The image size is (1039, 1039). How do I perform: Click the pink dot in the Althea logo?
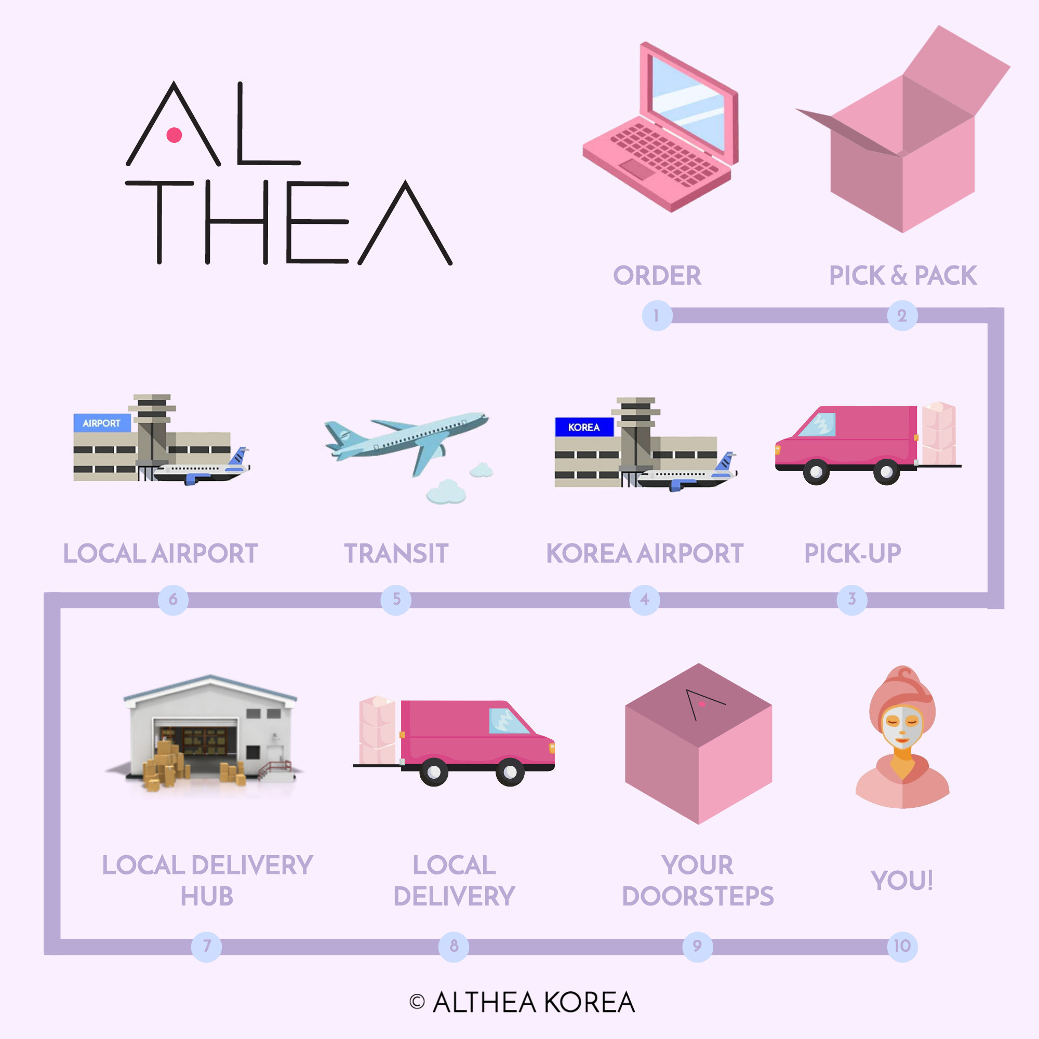tap(174, 135)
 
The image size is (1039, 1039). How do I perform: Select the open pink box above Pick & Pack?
tap(903, 145)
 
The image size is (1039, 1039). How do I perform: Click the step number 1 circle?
tap(657, 316)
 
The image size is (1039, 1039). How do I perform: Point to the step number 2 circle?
tap(902, 316)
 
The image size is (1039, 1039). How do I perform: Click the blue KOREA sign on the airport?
tap(584, 427)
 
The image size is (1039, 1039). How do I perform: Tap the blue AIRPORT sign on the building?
tap(102, 423)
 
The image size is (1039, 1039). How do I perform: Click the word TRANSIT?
tap(396, 553)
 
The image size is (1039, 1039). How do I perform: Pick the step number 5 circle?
tap(396, 599)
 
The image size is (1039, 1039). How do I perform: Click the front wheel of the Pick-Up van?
tap(816, 472)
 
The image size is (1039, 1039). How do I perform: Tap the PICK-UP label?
tap(852, 553)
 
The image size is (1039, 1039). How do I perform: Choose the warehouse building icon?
tap(210, 734)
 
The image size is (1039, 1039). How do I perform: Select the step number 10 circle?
tap(902, 946)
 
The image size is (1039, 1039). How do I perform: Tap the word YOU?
tap(902, 881)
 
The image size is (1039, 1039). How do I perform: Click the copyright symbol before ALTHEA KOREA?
tap(417, 1002)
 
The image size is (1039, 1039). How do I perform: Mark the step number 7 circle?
tap(207, 946)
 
